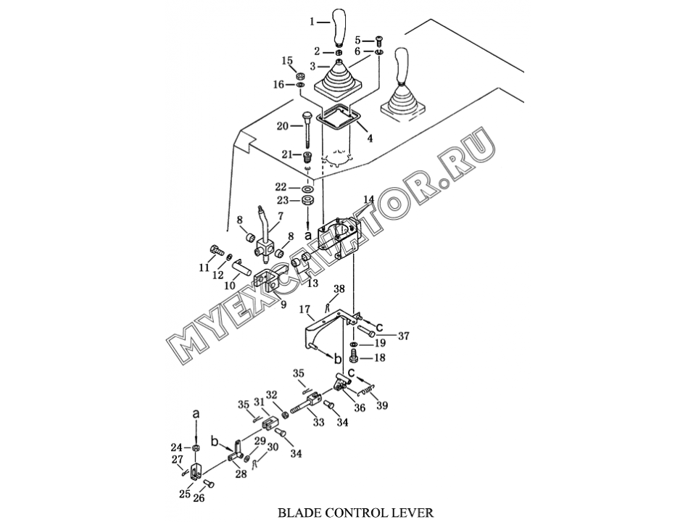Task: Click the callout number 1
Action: click(312, 22)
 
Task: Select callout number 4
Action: click(370, 138)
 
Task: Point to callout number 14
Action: click(368, 199)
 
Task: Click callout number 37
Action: click(404, 336)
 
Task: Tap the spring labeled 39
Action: click(369, 392)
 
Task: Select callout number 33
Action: click(318, 423)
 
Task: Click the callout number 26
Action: click(199, 498)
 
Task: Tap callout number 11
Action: click(205, 268)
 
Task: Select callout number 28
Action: click(241, 474)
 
